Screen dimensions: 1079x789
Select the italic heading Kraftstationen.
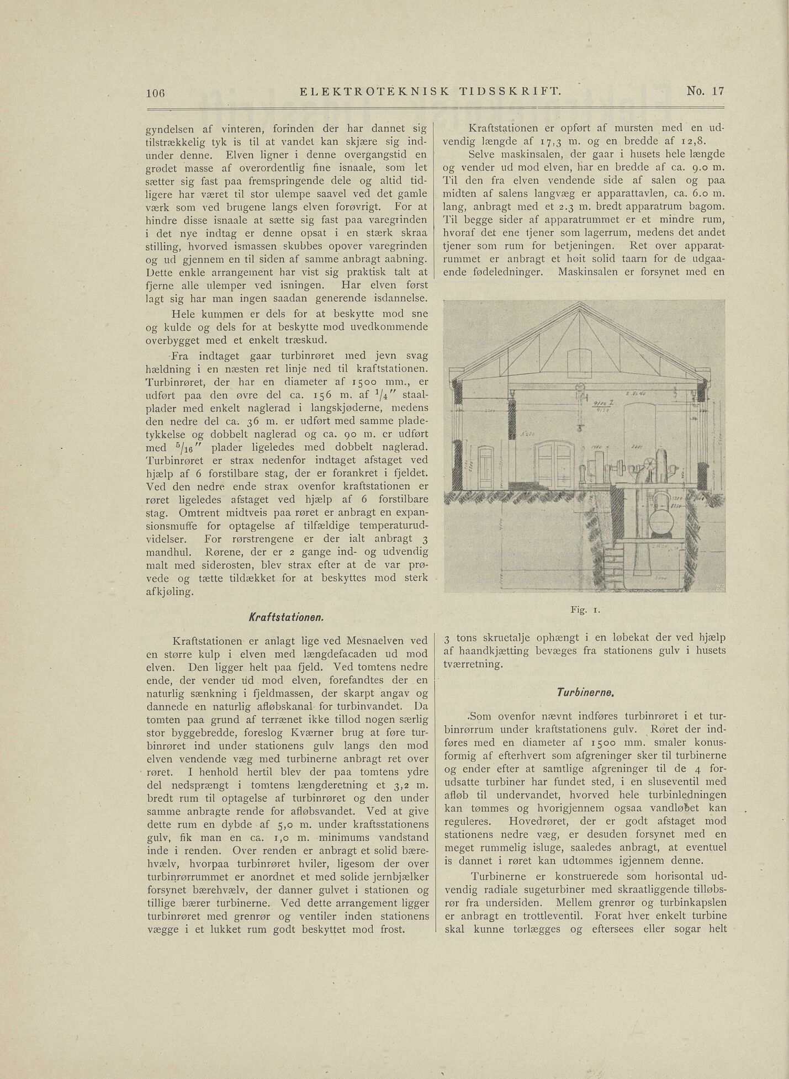click(287, 616)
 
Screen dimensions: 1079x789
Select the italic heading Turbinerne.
click(585, 691)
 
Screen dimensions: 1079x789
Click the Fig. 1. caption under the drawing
click(585, 609)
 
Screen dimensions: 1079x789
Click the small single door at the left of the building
click(486, 467)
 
